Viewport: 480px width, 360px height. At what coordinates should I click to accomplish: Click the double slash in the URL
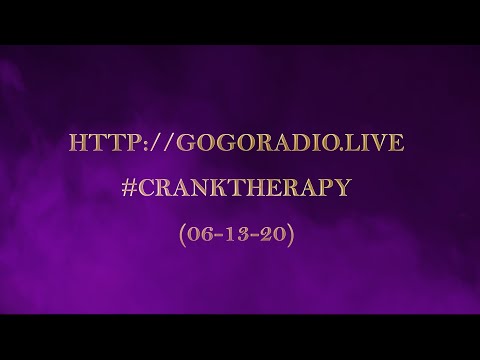(x=150, y=144)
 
